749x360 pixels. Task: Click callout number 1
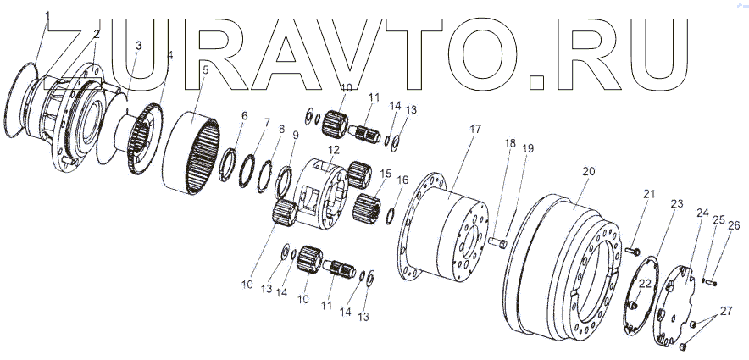tap(47, 15)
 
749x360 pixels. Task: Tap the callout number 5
tap(204, 69)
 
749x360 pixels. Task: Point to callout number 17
tap(475, 129)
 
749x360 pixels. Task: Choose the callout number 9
tap(296, 135)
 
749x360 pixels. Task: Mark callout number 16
tap(402, 180)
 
